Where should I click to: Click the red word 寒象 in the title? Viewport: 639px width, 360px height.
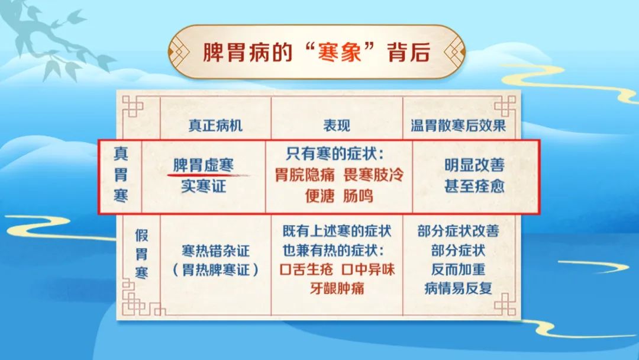click(340, 53)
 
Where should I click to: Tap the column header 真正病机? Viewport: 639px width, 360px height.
click(215, 125)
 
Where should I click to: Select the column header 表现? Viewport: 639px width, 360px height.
click(337, 125)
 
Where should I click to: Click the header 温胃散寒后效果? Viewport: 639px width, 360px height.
click(458, 125)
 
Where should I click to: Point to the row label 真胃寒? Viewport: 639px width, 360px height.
click(121, 175)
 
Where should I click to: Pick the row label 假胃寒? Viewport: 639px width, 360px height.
click(141, 253)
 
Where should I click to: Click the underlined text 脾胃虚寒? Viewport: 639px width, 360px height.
click(204, 165)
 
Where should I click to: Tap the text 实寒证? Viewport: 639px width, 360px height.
click(204, 187)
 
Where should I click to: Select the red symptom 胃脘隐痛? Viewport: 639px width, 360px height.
click(305, 175)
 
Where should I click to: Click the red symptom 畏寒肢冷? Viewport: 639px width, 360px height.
click(373, 175)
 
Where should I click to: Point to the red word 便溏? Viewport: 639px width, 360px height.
click(320, 196)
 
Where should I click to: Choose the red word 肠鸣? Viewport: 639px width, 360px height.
click(358, 196)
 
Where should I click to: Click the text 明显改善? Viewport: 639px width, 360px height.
click(475, 165)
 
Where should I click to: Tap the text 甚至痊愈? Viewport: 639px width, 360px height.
click(475, 187)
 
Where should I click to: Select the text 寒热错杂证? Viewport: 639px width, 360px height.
click(215, 250)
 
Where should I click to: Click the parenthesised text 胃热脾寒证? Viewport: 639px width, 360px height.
click(215, 270)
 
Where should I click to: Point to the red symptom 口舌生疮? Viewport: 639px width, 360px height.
click(306, 269)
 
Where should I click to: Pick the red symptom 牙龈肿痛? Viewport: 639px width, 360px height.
click(337, 289)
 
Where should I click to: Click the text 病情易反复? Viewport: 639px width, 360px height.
click(458, 289)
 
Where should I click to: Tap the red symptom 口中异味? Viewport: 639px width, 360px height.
click(368, 269)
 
